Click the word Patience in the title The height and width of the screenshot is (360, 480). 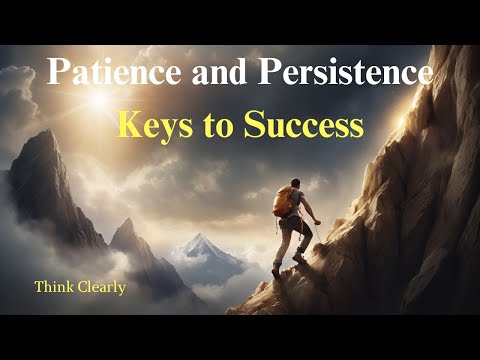pyautogui.click(x=114, y=72)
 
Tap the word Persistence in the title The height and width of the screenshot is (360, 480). pyautogui.click(x=345, y=72)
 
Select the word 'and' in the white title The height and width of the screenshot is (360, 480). pyautogui.click(x=219, y=72)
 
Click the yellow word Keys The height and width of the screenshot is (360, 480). pyautogui.click(x=155, y=127)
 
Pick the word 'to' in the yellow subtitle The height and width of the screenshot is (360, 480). pyautogui.click(x=218, y=127)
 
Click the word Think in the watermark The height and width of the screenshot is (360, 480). pyautogui.click(x=54, y=287)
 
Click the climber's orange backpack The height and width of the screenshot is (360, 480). pyautogui.click(x=283, y=202)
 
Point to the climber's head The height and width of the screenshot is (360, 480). pyautogui.click(x=295, y=183)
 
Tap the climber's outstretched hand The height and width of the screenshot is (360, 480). pyautogui.click(x=318, y=222)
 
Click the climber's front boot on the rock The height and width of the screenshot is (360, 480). pyautogui.click(x=299, y=257)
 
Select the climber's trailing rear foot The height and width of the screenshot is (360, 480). pyautogui.click(x=276, y=272)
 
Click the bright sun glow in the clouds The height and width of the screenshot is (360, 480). pyautogui.click(x=100, y=99)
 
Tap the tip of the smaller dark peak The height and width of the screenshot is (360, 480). pyautogui.click(x=129, y=219)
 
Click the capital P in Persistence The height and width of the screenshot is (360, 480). pyautogui.click(x=269, y=72)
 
